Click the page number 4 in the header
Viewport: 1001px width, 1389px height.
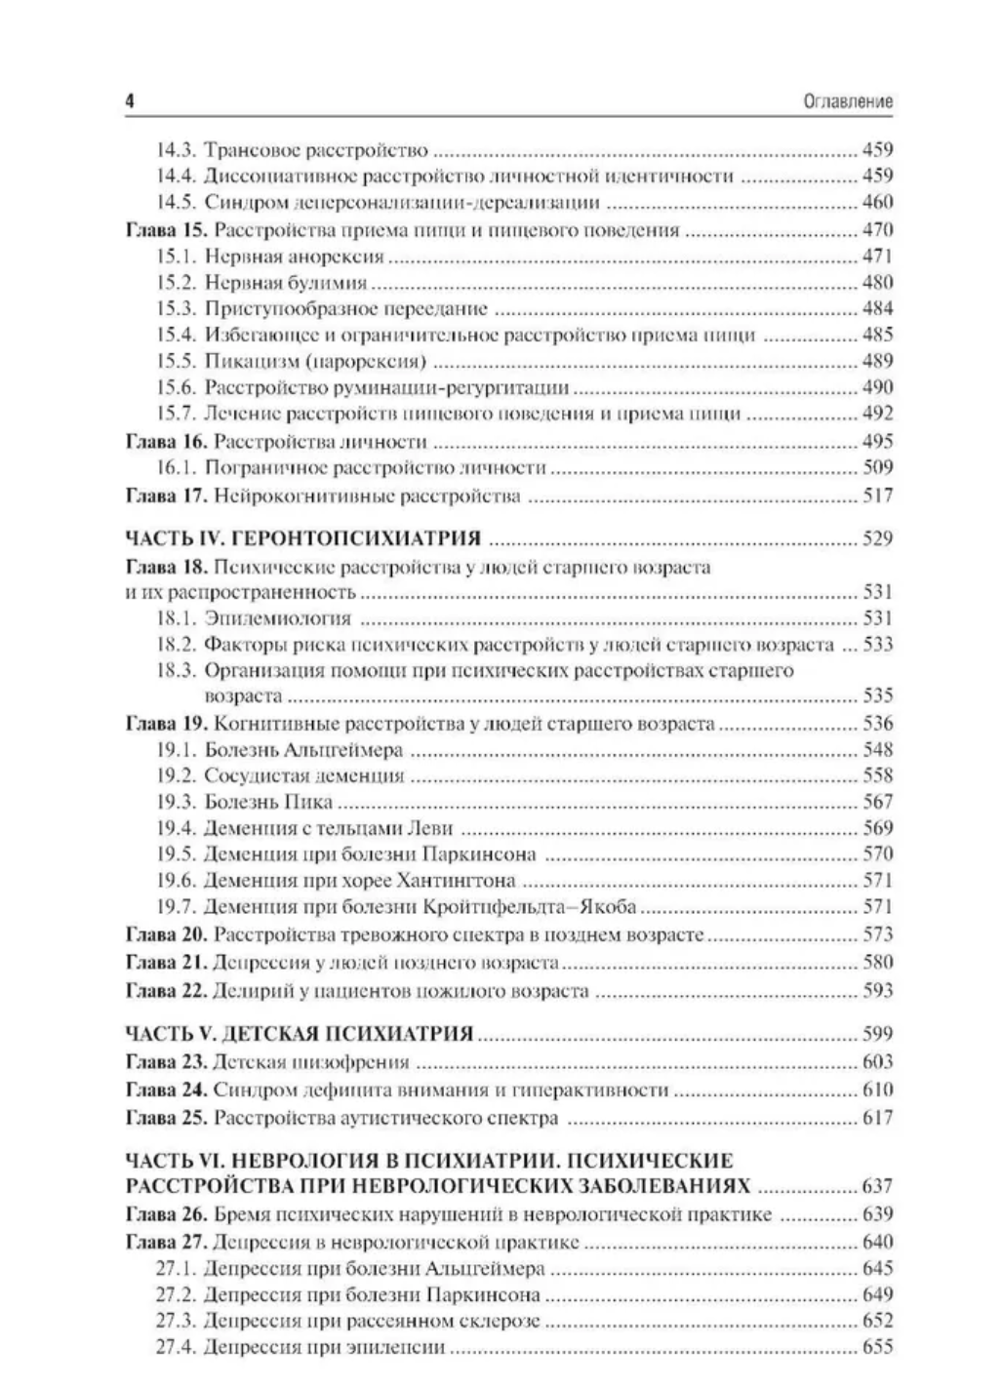[x=130, y=101]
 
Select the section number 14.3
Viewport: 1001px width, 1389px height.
[x=177, y=150]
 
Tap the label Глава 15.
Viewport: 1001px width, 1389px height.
[x=166, y=230]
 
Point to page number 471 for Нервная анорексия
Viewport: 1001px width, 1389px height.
[x=877, y=257]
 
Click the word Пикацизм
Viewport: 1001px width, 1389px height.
[x=245, y=361]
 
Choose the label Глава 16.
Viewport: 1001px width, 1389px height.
[x=166, y=441]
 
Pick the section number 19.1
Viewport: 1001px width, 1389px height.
[x=177, y=750]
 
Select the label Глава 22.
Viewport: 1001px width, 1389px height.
[x=166, y=991]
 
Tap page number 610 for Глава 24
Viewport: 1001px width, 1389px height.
[x=877, y=1091]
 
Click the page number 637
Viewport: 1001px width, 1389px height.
[x=877, y=1187]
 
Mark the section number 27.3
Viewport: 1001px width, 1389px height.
[x=177, y=1322]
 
